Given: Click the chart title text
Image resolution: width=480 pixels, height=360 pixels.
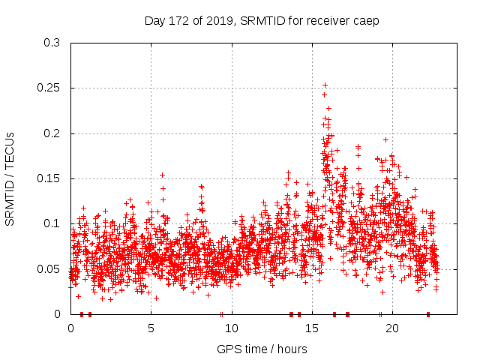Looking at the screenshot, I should (x=262, y=20).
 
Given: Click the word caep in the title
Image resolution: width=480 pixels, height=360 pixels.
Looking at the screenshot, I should (x=367, y=20).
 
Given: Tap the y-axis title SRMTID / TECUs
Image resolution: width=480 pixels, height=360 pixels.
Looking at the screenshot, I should (x=10, y=178).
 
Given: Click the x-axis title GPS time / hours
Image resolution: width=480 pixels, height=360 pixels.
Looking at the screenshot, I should (x=262, y=349).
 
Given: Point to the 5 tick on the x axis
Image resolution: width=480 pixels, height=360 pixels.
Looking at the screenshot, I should (x=151, y=328).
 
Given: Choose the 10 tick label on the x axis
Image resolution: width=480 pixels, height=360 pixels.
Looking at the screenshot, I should (x=232, y=328).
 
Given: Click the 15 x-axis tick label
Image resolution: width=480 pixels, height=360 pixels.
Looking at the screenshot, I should (x=312, y=328).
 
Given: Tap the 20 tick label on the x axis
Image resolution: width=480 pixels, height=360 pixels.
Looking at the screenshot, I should (x=392, y=328).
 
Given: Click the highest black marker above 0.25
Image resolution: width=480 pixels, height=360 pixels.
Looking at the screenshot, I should (x=325, y=85).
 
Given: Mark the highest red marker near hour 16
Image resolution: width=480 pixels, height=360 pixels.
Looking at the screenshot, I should (x=324, y=94).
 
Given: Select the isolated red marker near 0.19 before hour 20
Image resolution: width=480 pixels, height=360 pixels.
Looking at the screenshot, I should (x=385, y=139).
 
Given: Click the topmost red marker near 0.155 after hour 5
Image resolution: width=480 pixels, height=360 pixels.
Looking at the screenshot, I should (x=162, y=175).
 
